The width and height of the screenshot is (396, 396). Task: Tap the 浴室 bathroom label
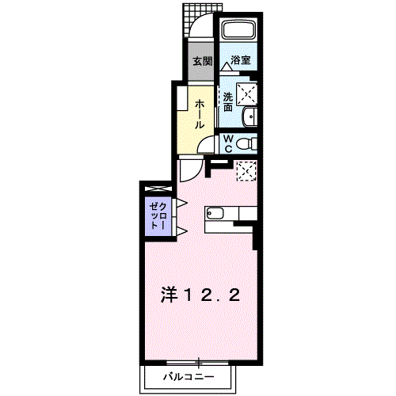(241, 60)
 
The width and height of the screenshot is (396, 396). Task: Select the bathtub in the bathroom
(238, 32)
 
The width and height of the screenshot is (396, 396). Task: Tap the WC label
(227, 143)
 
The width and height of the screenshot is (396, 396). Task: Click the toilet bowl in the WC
(246, 143)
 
